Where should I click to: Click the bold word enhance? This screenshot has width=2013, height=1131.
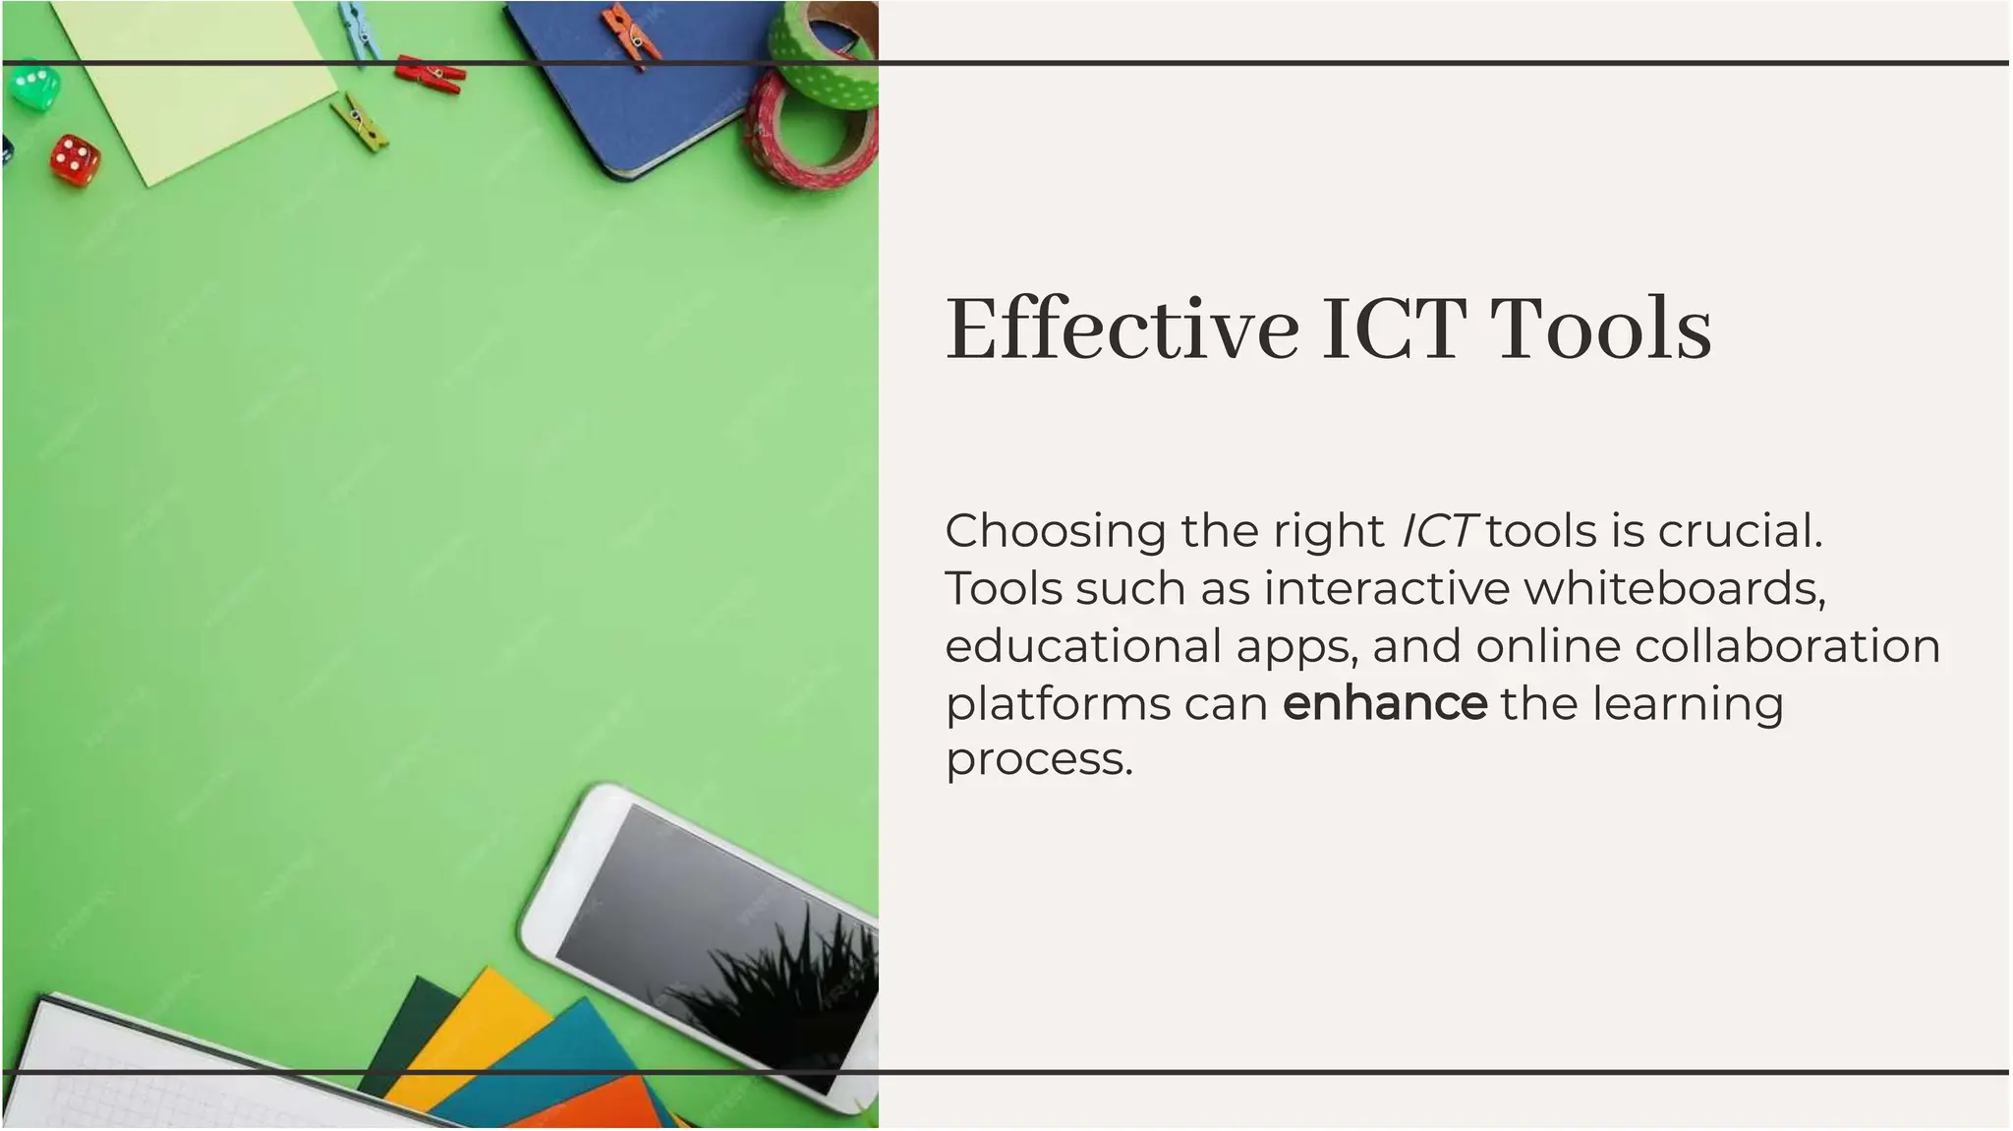1385,703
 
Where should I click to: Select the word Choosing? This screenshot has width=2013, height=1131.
1056,532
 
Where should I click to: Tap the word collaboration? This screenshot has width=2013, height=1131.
1788,646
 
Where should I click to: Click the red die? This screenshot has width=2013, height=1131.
75,159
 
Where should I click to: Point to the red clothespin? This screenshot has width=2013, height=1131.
430,74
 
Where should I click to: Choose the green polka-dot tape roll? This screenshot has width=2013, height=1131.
826,54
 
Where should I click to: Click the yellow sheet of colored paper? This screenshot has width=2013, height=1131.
462,1033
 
